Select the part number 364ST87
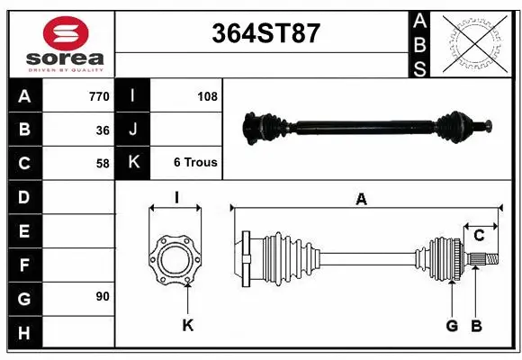click(265, 33)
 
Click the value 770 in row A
click(98, 96)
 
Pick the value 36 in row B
click(102, 130)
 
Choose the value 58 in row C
click(102, 163)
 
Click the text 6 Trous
click(195, 163)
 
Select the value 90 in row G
click(102, 296)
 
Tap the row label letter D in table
click(23, 196)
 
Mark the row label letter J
click(132, 130)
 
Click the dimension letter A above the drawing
click(361, 200)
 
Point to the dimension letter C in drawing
click(479, 235)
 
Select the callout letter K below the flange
click(187, 325)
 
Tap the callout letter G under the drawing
click(452, 325)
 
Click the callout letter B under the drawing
click(477, 325)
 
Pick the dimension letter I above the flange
click(176, 198)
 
